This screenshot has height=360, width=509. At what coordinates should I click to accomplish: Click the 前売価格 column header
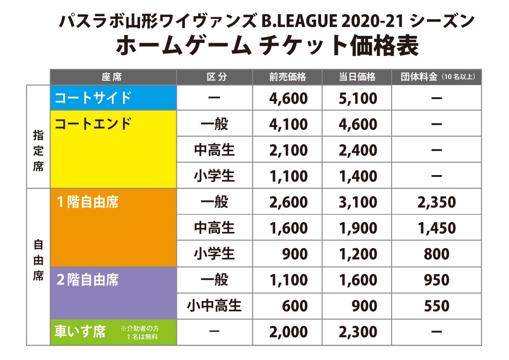287,77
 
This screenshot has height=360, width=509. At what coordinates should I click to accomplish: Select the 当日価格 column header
357,77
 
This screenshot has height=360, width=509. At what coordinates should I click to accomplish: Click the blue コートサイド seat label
93,98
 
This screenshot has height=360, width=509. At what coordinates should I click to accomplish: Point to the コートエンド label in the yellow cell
93,124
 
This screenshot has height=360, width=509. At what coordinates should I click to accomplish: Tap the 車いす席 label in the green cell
80,332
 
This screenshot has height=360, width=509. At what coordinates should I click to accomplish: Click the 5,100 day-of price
358,99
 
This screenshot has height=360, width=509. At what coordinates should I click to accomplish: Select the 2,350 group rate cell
436,202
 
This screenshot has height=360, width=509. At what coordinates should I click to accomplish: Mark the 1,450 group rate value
436,228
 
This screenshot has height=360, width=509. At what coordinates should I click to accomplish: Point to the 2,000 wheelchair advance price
288,332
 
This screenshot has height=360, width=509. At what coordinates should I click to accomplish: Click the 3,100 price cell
358,202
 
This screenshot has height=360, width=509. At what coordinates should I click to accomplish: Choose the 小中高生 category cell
214,306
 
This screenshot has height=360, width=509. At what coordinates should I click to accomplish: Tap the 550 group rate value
436,306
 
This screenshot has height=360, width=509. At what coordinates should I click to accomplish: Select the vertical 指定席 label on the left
38,150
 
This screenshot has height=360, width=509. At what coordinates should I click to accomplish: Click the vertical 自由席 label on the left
38,260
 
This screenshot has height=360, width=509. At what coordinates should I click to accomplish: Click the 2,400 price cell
358,150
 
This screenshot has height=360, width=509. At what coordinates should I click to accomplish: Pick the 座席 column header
112,77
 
